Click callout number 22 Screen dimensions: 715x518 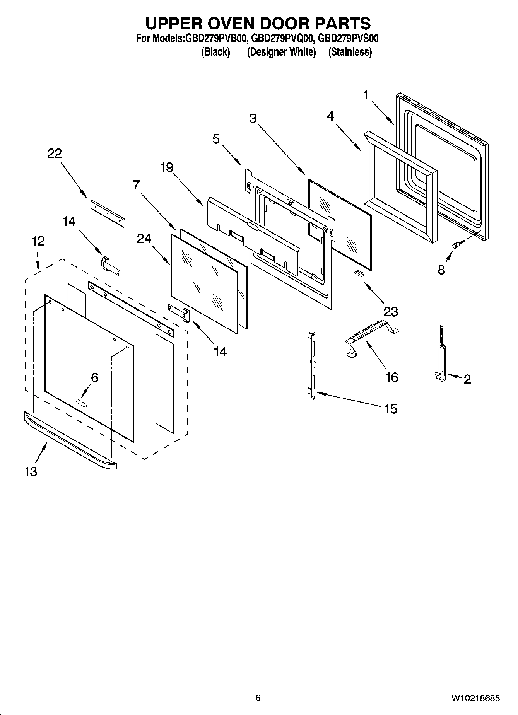[54, 154]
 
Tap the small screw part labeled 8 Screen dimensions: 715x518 [457, 244]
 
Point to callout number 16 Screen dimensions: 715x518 [391, 377]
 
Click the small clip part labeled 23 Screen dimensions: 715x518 [359, 273]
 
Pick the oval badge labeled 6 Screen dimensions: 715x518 [80, 402]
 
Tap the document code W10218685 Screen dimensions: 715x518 [475, 698]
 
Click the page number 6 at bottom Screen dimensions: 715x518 [258, 698]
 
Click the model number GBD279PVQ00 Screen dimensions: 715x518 [282, 39]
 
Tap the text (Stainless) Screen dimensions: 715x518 [350, 52]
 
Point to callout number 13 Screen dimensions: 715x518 [31, 471]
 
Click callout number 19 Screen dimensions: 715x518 [167, 167]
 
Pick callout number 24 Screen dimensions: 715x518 [144, 239]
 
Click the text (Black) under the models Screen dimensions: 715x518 [215, 52]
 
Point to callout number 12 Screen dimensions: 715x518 [38, 241]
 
